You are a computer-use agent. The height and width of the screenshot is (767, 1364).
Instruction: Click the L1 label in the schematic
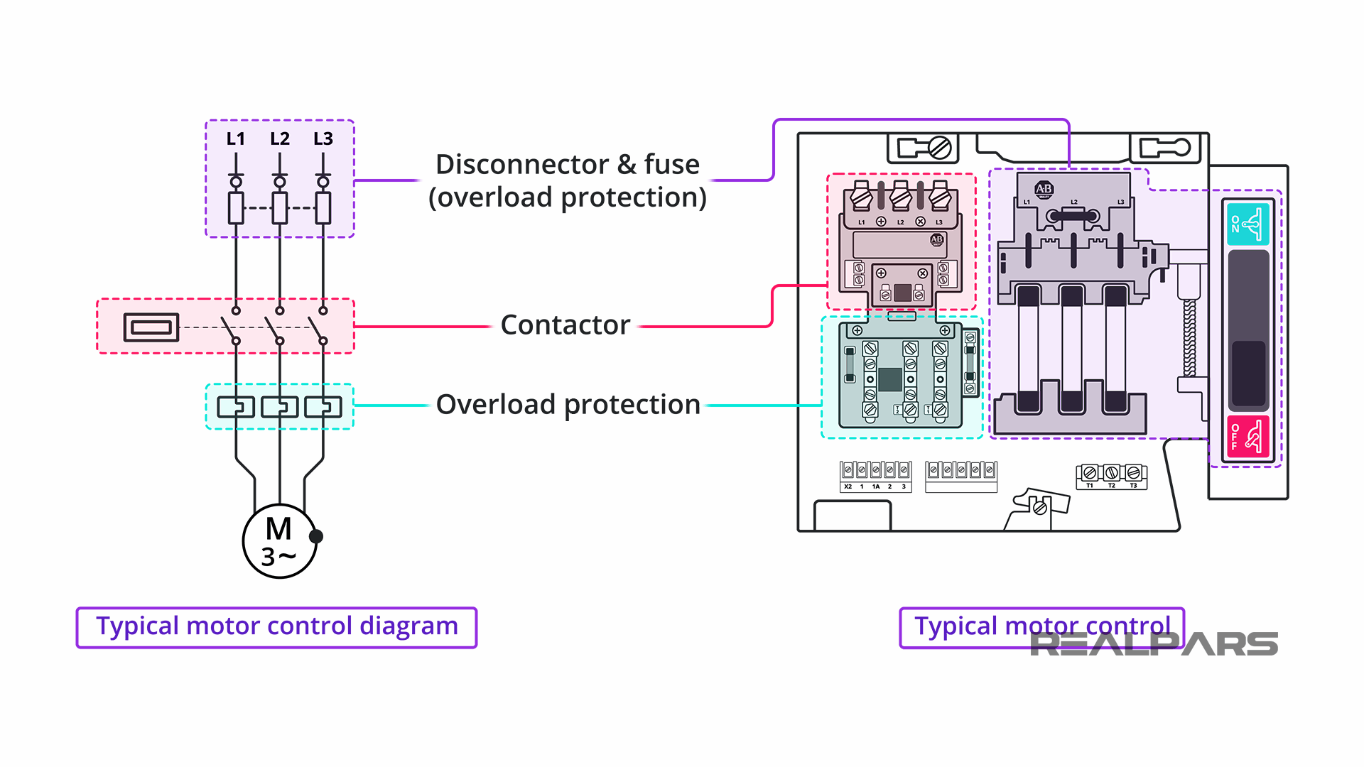[235, 138]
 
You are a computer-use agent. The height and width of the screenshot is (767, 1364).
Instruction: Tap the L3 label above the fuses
[323, 138]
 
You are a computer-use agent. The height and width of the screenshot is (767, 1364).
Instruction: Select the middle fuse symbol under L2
[280, 208]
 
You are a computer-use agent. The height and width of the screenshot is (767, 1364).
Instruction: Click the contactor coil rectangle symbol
[151, 327]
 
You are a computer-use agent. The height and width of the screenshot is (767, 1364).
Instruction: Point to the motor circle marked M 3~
[278, 541]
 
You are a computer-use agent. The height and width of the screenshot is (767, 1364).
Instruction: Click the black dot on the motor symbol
[316, 536]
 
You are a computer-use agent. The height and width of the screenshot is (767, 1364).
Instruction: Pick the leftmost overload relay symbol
[236, 407]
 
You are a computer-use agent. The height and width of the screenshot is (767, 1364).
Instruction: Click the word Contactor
[565, 325]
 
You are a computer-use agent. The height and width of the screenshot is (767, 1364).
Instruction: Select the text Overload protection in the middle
[568, 405]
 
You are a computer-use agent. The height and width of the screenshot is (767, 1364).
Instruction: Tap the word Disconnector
[522, 165]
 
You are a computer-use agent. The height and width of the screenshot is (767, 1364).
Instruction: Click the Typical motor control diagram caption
[276, 627]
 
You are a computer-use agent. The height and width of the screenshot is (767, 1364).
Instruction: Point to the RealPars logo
[1154, 644]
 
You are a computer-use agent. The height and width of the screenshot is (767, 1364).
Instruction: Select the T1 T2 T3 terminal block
[1111, 475]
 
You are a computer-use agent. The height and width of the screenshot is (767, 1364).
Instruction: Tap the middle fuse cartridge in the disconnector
[1071, 348]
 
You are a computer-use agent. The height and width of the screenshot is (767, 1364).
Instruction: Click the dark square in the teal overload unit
[889, 379]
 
